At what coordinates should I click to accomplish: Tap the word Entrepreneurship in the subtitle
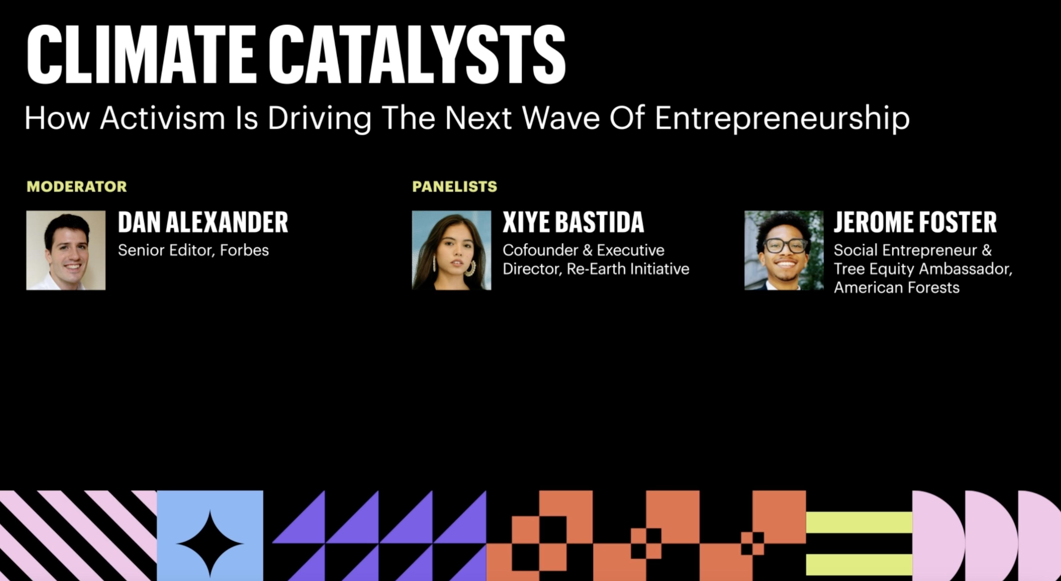click(x=782, y=119)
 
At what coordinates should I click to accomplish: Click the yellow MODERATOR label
click(x=76, y=187)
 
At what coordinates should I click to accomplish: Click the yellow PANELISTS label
click(x=455, y=187)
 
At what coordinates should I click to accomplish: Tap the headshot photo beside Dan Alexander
click(x=66, y=250)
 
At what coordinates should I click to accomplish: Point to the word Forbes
click(x=244, y=251)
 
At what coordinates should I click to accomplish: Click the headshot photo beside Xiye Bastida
click(x=452, y=250)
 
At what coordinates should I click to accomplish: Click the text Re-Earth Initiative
click(x=628, y=269)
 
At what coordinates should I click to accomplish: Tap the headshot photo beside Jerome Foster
click(x=784, y=250)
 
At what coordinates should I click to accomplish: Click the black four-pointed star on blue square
click(x=210, y=544)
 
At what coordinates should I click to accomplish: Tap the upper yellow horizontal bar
click(x=859, y=522)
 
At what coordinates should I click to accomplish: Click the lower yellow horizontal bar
click(x=859, y=564)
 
